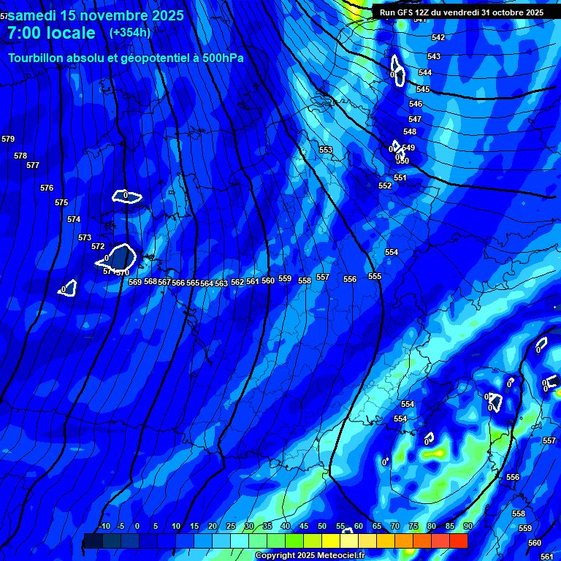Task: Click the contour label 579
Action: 8,139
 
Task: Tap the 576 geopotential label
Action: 47,188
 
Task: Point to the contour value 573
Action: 85,237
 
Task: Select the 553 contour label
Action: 326,150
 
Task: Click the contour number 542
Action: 438,37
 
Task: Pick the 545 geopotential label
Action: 423,89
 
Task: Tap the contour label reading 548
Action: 410,131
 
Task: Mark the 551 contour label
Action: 400,178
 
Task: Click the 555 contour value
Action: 375,276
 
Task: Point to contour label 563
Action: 221,283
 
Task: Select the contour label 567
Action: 164,282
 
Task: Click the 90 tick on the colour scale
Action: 467,526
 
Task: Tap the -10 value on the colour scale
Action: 104,526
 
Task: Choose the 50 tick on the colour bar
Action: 322,526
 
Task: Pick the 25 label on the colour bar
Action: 231,526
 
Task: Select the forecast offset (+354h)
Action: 130,32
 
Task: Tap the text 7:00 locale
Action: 51,33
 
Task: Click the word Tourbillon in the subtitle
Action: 37,58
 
